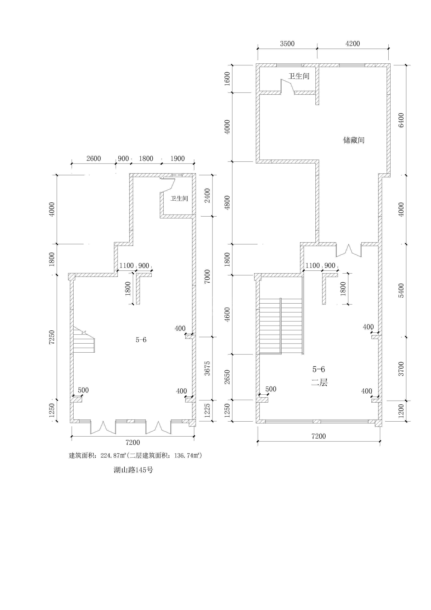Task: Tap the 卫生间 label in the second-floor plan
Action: point(299,76)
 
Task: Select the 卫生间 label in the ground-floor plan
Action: point(179,198)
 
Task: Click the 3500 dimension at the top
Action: point(287,44)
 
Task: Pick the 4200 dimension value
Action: point(353,44)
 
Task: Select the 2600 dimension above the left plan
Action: point(94,159)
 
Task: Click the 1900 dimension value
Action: point(177,159)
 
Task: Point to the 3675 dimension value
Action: point(207,368)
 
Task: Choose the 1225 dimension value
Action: point(207,410)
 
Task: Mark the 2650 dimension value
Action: point(227,377)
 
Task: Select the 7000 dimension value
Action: point(207,276)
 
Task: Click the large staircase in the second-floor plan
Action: point(281,326)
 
